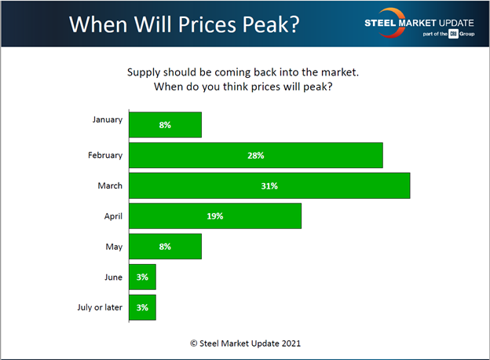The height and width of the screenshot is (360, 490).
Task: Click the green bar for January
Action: click(x=165, y=125)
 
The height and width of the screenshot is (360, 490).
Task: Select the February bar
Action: click(x=255, y=155)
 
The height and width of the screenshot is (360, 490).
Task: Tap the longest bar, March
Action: click(x=269, y=186)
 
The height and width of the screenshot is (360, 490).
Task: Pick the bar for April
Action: click(x=215, y=215)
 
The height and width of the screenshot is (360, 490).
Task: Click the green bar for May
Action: click(x=165, y=246)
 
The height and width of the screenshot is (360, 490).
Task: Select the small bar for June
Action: click(x=142, y=277)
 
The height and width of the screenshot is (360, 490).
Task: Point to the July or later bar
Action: click(x=142, y=307)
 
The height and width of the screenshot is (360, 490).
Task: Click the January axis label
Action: click(x=107, y=119)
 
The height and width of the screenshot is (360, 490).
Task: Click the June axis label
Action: click(x=112, y=277)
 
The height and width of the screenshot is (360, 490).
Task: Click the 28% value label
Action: click(x=255, y=156)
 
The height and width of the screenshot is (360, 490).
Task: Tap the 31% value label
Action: click(x=269, y=186)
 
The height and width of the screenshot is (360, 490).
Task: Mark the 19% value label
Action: click(x=215, y=216)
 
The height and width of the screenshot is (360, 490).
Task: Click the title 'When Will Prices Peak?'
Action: click(x=184, y=23)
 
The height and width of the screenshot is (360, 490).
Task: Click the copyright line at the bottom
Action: click(x=245, y=343)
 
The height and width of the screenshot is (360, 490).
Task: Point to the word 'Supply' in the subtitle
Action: click(x=144, y=72)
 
